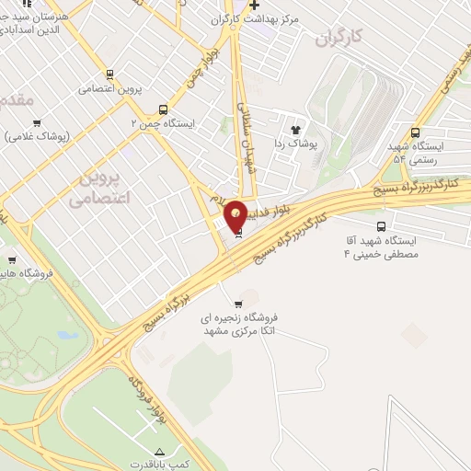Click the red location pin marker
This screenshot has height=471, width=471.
tap(236, 215)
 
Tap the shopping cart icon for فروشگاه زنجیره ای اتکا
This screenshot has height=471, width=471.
tap(241, 304)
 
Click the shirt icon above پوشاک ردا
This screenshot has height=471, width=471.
tap(296, 130)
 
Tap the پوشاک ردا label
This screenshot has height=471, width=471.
tap(295, 144)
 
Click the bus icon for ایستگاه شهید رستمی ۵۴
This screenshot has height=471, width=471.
tap(416, 132)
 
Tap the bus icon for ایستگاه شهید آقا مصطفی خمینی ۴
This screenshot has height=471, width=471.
tap(382, 226)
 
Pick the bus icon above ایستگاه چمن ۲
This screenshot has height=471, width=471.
tap(164, 109)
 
